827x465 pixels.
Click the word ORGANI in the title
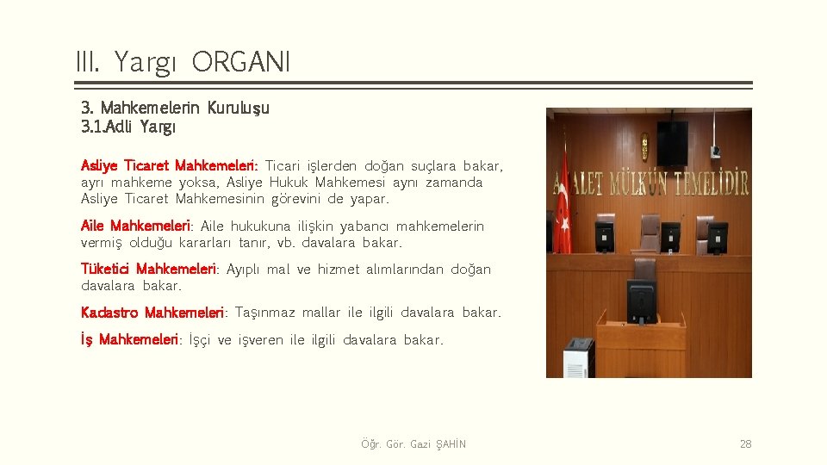pos(241,61)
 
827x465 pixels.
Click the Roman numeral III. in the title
pos(88,61)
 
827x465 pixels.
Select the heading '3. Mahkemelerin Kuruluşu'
pos(175,108)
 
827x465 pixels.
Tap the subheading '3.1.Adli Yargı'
pos(128,127)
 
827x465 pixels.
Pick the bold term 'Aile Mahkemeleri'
pos(135,226)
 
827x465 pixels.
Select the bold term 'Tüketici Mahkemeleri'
pos(150,269)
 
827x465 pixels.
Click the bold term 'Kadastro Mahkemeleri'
pos(152,312)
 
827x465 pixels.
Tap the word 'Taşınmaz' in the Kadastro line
pos(265,312)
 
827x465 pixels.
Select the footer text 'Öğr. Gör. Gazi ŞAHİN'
pos(413,444)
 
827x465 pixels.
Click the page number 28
pos(745,444)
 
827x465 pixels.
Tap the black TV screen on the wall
pos(672,143)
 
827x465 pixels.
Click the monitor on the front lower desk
pos(642,301)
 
